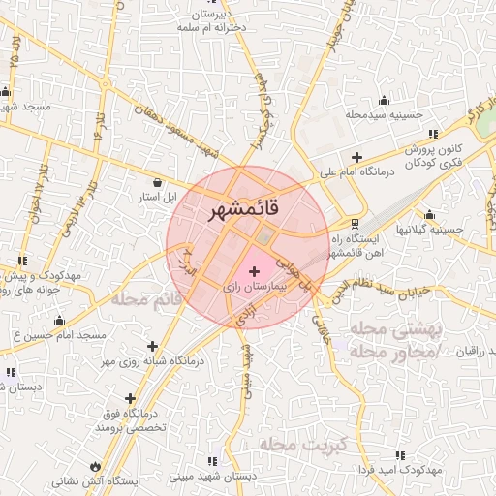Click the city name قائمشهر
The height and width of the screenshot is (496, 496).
point(241,209)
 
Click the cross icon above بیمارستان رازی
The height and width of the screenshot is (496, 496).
point(255,271)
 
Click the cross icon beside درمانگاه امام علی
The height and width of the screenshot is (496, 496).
point(356,157)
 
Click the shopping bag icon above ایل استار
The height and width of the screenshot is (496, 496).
point(158,182)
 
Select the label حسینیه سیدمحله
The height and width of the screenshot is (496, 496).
point(385,114)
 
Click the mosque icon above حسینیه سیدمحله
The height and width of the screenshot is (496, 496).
point(385,99)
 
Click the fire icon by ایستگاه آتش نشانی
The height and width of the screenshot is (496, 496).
point(94,465)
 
